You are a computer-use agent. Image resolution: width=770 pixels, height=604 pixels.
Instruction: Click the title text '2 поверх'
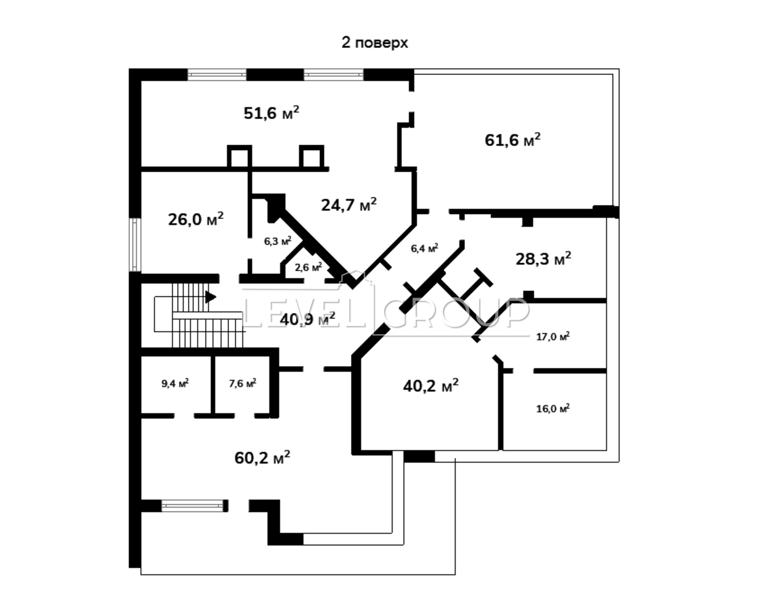[x=374, y=43]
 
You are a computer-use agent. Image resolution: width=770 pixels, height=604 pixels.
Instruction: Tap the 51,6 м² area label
[x=271, y=113]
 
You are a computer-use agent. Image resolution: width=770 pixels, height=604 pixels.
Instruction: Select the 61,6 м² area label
[x=513, y=139]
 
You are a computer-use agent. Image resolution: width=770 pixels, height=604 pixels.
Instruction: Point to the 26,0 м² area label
[x=195, y=219]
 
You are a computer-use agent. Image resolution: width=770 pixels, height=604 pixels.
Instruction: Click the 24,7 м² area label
[x=349, y=204]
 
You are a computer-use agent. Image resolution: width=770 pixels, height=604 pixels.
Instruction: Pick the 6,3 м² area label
[x=278, y=241]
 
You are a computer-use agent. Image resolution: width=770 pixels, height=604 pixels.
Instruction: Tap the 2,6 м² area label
[x=308, y=266]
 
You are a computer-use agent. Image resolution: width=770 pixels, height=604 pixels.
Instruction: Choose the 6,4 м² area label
[x=424, y=248]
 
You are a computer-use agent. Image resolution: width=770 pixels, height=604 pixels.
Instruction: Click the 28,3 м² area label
[x=543, y=259]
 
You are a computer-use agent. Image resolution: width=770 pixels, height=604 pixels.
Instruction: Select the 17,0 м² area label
[x=553, y=336]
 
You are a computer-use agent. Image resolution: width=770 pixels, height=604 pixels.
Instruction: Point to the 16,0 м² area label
[x=553, y=408]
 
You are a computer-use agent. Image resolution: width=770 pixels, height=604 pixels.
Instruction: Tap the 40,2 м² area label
[x=431, y=385]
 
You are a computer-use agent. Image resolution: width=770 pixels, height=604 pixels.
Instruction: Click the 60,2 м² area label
[x=262, y=457]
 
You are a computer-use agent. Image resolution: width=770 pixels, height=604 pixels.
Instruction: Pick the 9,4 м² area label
[x=175, y=383]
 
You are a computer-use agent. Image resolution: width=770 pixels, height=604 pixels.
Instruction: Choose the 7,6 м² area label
[x=243, y=383]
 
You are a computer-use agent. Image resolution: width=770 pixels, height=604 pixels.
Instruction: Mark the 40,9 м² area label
[x=308, y=319]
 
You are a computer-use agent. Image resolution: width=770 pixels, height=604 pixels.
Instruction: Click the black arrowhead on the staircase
[x=210, y=297]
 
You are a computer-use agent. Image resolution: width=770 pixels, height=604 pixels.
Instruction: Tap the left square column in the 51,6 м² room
[x=240, y=156]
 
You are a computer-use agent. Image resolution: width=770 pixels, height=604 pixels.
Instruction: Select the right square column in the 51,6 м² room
[x=311, y=156]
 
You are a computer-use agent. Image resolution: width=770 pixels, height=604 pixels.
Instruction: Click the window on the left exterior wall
[x=135, y=244]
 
